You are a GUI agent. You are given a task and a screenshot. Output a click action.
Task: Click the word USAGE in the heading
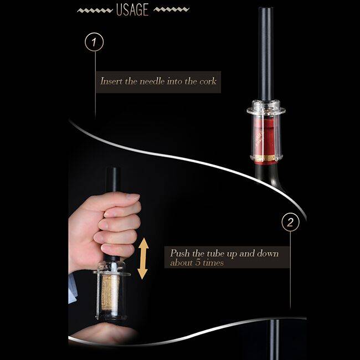(x=132, y=9)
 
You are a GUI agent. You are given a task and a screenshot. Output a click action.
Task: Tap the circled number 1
(x=94, y=42)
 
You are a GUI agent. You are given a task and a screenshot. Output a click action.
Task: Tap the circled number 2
(x=290, y=222)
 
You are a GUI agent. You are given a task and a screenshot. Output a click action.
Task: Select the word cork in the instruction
(x=208, y=81)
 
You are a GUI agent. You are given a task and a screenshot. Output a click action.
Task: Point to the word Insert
(x=111, y=81)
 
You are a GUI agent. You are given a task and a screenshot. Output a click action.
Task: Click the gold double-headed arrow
(x=143, y=259)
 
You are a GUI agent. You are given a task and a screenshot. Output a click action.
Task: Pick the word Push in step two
(x=180, y=253)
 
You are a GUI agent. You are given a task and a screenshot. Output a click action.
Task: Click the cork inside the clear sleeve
(x=110, y=293)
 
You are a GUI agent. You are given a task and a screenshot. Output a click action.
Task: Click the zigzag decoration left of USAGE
(x=95, y=11)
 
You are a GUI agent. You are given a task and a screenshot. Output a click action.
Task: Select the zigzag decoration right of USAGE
(x=171, y=9)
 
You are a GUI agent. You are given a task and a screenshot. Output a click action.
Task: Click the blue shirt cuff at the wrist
(x=73, y=288)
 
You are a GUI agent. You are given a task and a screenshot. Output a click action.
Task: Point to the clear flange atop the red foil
(x=266, y=110)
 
